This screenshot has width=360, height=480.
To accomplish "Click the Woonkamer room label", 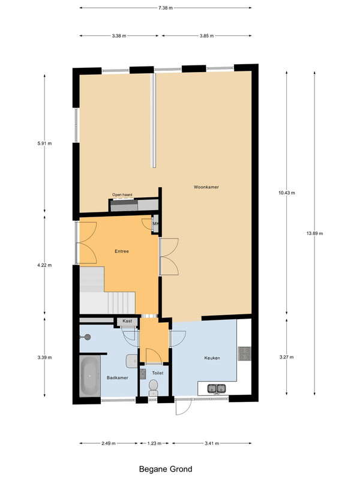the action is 206,187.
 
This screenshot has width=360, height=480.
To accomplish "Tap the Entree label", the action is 122,251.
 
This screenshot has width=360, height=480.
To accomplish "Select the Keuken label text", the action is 212,358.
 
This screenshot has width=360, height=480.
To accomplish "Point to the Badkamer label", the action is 117,378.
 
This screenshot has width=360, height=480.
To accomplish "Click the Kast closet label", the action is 127,321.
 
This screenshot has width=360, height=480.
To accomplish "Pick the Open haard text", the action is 122,194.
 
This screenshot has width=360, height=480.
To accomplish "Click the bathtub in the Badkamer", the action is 89,376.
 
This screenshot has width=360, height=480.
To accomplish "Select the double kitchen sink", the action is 217,388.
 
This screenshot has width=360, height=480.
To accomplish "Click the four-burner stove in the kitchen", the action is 245,353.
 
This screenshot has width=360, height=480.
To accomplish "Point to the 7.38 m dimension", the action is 166,8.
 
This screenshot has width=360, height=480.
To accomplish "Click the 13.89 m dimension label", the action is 314,233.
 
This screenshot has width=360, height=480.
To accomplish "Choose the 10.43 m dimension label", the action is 287,193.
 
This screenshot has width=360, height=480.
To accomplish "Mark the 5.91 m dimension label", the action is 44,143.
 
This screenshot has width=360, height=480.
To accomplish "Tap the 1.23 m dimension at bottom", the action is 154,443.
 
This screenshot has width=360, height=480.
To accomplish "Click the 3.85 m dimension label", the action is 206,36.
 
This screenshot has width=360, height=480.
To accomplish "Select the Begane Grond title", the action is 166,469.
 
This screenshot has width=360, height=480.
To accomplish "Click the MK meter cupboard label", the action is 155,224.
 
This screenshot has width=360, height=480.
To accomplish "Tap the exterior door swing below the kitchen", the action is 184,407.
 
